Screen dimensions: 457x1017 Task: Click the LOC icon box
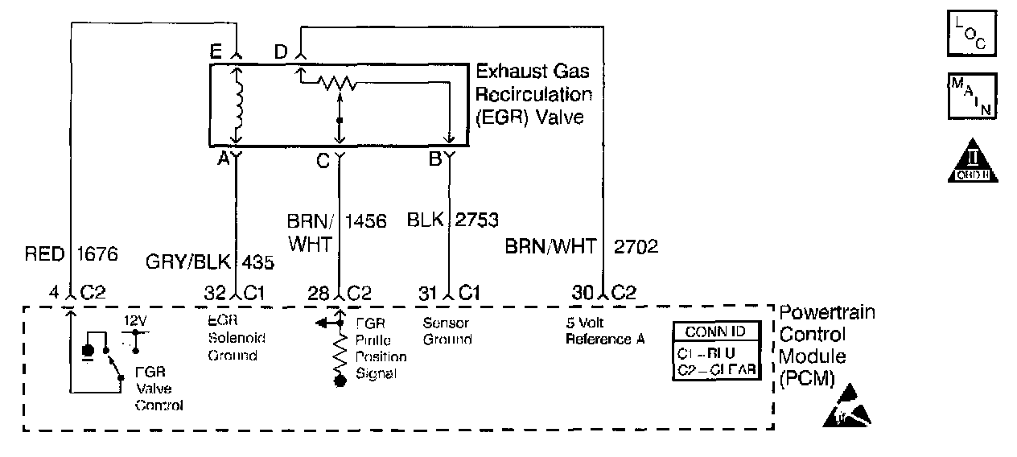click(972, 32)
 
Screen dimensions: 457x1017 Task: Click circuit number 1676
click(97, 254)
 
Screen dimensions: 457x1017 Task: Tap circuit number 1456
click(367, 220)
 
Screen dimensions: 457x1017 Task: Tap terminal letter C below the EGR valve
click(322, 161)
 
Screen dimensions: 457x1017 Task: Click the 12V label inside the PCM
click(134, 321)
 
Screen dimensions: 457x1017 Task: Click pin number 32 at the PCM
click(214, 294)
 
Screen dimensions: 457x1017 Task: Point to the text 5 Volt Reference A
click(605, 331)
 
